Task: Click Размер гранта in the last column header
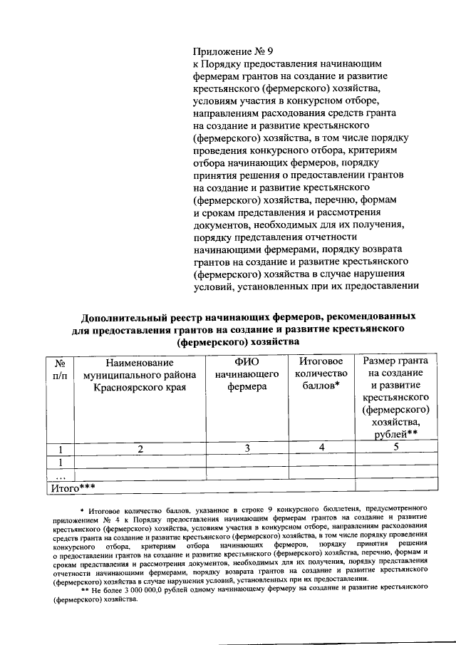point(395,361)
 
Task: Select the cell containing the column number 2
point(140,448)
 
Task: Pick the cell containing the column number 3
point(247,448)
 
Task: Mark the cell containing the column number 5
point(395,448)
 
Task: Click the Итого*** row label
point(72,488)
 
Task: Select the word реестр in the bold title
point(200,316)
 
